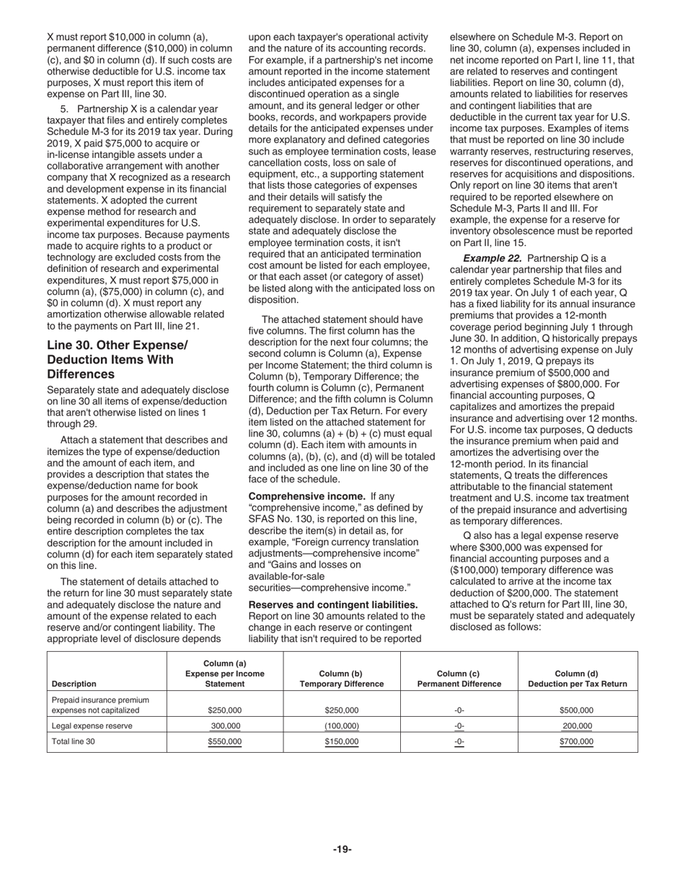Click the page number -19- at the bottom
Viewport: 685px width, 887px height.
(x=342, y=849)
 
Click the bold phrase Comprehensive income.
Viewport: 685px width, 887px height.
(x=306, y=496)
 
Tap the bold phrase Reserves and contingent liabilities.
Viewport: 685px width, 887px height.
(x=332, y=604)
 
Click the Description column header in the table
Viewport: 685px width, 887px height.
(x=74, y=684)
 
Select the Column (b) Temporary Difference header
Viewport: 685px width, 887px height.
(x=341, y=679)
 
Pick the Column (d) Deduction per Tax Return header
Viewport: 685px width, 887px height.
(x=577, y=679)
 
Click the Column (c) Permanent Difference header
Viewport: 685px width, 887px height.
(x=459, y=679)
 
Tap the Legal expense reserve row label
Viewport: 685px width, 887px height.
(x=92, y=726)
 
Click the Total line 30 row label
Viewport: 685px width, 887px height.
(x=73, y=741)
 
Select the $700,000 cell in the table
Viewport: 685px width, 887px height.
(x=576, y=741)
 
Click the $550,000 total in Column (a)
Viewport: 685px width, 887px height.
(x=225, y=741)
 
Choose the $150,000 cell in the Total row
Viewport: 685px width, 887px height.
(x=341, y=741)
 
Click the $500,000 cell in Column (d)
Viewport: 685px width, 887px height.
(x=576, y=710)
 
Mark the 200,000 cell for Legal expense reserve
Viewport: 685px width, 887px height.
(x=577, y=726)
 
